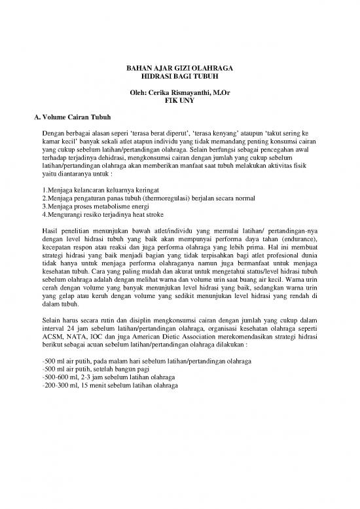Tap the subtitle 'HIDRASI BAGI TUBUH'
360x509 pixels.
tap(179, 77)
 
